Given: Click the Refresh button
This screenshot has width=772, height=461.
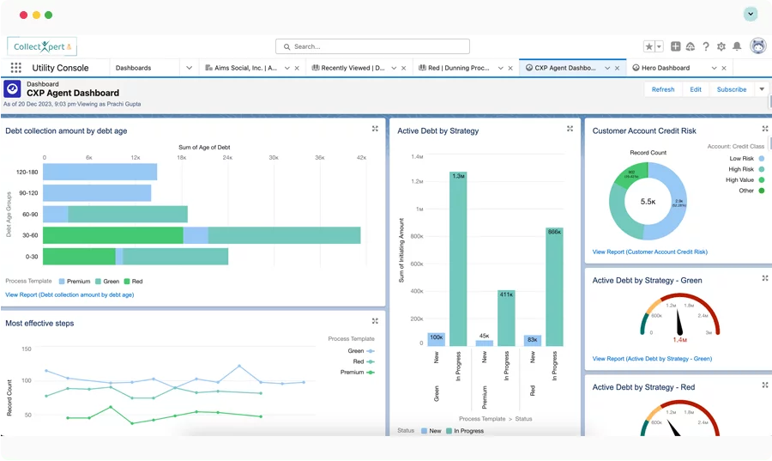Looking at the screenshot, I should pyautogui.click(x=662, y=89).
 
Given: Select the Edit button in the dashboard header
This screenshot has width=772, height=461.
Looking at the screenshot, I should pyautogui.click(x=696, y=89).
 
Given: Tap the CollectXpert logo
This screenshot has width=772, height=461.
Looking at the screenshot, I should pyautogui.click(x=41, y=46).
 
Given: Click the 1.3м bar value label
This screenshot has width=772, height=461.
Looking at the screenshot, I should pyautogui.click(x=458, y=176).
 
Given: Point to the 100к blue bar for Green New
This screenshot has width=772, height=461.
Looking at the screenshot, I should pyautogui.click(x=436, y=338).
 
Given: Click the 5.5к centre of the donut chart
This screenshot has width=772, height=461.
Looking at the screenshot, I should pyautogui.click(x=648, y=201).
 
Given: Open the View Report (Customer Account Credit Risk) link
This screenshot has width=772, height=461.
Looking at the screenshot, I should pyautogui.click(x=649, y=252).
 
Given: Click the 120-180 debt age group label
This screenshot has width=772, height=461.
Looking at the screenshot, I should pyautogui.click(x=26, y=172).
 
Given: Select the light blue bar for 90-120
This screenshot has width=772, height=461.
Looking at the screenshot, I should pyautogui.click(x=98, y=193).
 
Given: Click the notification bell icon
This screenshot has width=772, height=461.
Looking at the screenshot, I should pyautogui.click(x=737, y=46).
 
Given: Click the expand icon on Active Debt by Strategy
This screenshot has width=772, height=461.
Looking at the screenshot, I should pyautogui.click(x=570, y=129).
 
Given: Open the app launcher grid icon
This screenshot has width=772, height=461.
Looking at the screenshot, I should pyautogui.click(x=16, y=68).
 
